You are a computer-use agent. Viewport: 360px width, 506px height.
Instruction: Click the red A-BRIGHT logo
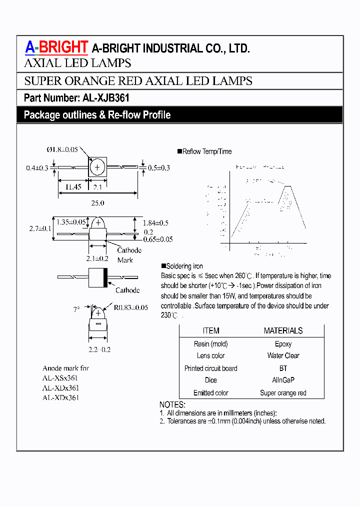[56, 47]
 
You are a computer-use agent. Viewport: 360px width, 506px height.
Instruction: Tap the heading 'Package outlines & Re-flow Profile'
[97, 115]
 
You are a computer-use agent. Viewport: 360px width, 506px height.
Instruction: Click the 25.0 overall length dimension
[97, 203]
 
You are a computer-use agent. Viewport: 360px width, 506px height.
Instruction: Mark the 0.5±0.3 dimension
[159, 168]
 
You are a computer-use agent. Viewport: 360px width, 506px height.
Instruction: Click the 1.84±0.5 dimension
[155, 222]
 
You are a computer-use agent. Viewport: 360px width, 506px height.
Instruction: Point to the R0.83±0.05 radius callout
[130, 307]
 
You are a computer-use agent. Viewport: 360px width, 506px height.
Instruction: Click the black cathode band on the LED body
[105, 277]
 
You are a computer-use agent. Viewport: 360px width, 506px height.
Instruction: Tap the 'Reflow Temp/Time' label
[207, 151]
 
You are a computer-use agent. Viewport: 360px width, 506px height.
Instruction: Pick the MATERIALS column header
[283, 330]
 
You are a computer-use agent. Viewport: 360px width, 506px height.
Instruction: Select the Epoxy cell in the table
[283, 344]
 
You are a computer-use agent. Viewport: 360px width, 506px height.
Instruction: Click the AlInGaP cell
[283, 380]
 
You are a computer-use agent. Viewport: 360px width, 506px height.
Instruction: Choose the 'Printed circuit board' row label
[210, 368]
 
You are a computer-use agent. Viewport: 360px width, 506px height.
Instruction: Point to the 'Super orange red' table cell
[283, 393]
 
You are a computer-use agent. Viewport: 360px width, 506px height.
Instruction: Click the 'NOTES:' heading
[172, 404]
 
